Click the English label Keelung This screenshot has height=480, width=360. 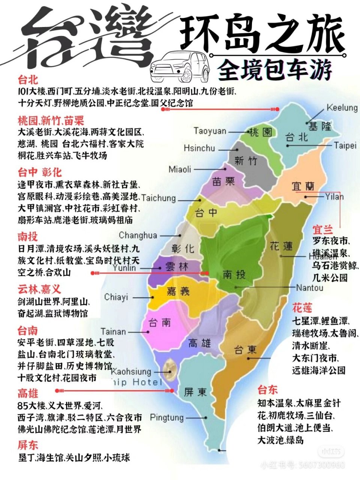click(342, 108)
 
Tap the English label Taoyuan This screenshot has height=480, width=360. click(210, 131)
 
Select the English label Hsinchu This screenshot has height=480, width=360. click(199, 148)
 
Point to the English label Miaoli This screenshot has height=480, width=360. click(180, 169)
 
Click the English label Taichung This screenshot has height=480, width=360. click(158, 198)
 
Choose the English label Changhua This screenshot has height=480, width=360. click(138, 235)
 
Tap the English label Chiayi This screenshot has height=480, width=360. click(116, 297)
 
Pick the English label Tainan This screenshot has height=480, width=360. click(113, 331)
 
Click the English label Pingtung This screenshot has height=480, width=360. click(166, 417)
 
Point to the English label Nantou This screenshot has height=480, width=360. click(309, 288)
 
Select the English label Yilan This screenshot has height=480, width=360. click(334, 196)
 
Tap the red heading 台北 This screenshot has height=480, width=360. click(28, 79)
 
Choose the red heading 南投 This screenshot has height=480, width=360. click(28, 237)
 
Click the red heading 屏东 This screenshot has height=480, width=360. click(28, 445)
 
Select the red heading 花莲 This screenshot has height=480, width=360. click(302, 308)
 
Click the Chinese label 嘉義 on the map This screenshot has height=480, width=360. click(178, 291)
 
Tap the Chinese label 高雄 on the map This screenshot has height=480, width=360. click(200, 343)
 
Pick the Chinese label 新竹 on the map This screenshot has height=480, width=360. click(246, 161)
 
